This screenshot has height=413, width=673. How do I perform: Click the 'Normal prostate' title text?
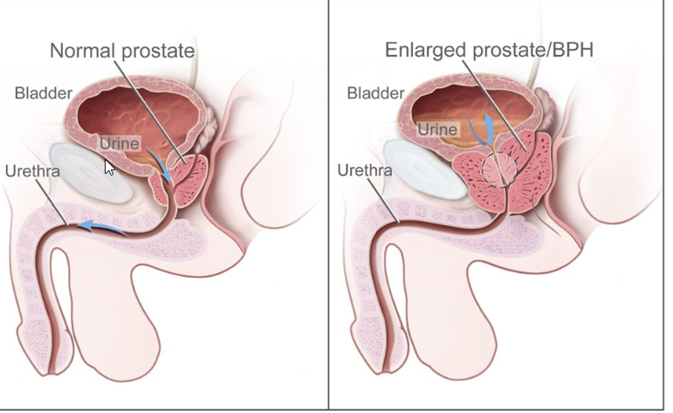[x=121, y=51]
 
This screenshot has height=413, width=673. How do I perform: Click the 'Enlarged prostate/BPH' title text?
[x=489, y=49]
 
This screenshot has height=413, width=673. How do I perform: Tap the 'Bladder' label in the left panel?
[x=42, y=93]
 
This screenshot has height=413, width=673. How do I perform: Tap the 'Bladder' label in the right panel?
[x=375, y=93]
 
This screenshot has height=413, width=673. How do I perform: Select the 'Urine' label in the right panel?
[x=436, y=129]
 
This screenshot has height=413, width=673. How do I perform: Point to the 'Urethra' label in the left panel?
[x=32, y=170]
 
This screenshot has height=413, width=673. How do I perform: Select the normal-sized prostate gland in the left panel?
[x=187, y=177]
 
